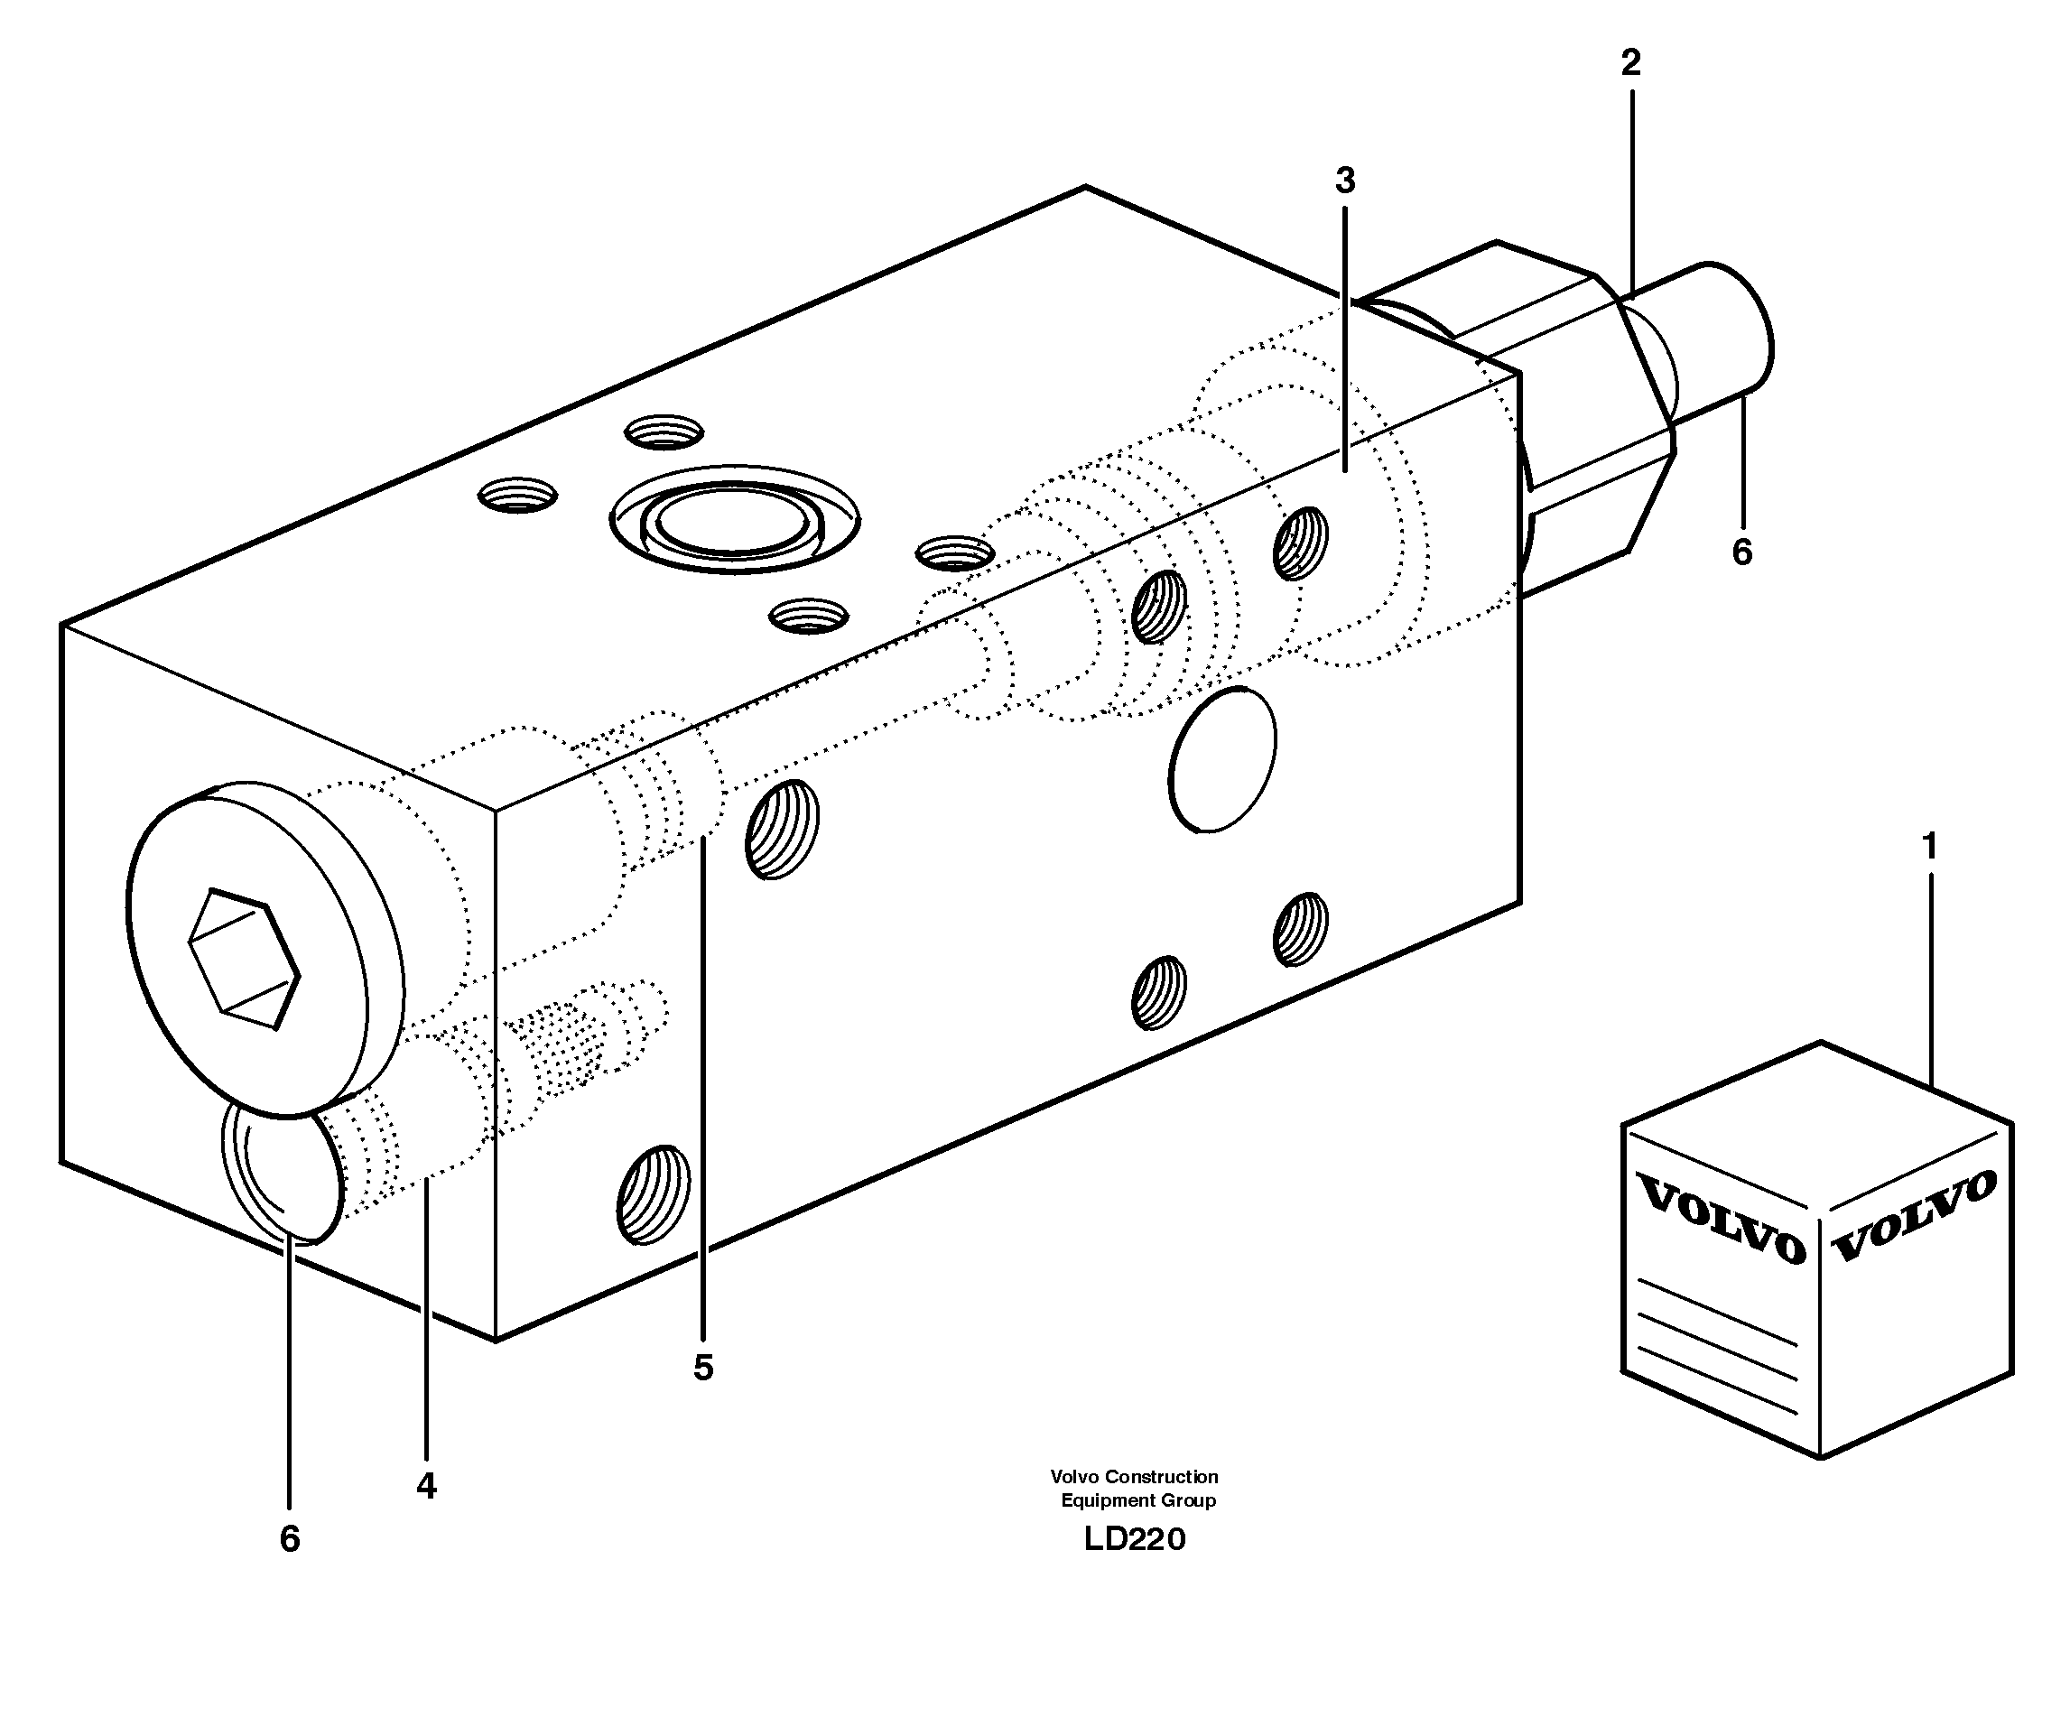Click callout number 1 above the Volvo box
click(x=1929, y=846)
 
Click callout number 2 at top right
click(x=1631, y=63)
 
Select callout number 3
click(x=1344, y=181)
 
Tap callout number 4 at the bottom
click(x=426, y=1485)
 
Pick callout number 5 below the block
click(x=701, y=1368)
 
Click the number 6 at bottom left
click(x=289, y=1539)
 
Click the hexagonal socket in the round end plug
click(x=244, y=960)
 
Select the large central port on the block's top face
click(x=733, y=519)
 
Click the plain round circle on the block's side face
click(x=1221, y=760)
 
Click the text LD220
click(x=1134, y=1539)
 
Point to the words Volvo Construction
click(x=1134, y=1477)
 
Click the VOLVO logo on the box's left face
click(x=1719, y=1220)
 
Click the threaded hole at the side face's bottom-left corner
click(x=653, y=1193)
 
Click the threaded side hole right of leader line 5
click(x=782, y=829)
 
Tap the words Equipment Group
click(x=1137, y=1500)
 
